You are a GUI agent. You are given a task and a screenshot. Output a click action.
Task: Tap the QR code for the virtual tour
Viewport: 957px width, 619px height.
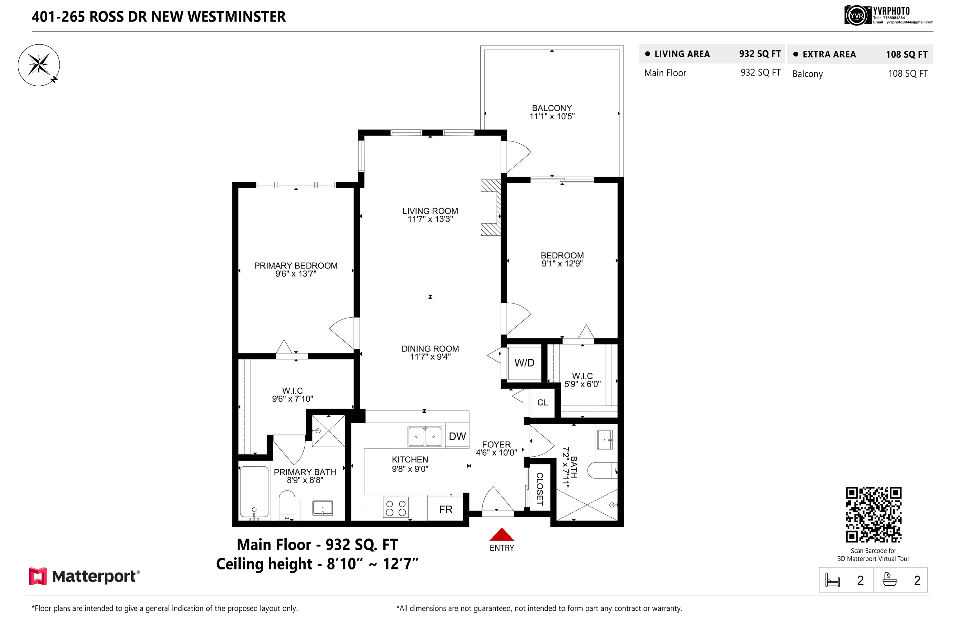(874, 515)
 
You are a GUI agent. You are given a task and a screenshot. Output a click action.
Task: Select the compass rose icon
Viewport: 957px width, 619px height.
(39, 65)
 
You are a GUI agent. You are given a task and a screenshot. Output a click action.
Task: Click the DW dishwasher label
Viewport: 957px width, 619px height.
(457, 436)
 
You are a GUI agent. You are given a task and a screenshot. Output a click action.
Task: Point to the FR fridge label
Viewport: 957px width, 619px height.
(445, 509)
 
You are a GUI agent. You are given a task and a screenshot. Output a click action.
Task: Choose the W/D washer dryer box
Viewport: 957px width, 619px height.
(524, 362)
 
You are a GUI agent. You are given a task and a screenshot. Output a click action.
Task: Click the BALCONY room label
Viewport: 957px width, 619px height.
(552, 108)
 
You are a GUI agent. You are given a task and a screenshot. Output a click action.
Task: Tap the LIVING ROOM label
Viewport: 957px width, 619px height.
(430, 211)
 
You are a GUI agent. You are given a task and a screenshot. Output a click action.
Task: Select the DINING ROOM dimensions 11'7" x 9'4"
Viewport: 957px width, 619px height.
(430, 357)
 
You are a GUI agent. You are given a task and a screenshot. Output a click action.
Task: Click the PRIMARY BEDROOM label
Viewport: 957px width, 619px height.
(296, 266)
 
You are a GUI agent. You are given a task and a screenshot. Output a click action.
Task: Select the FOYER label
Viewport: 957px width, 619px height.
(496, 444)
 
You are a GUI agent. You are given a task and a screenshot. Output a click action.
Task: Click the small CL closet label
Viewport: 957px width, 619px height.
(542, 403)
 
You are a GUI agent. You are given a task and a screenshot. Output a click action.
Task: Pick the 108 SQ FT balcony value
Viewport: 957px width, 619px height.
(907, 74)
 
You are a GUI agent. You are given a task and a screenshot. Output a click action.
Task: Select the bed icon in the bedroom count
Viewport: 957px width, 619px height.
(832, 580)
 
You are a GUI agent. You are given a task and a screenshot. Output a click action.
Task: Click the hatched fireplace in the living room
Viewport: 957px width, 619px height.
(491, 207)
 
